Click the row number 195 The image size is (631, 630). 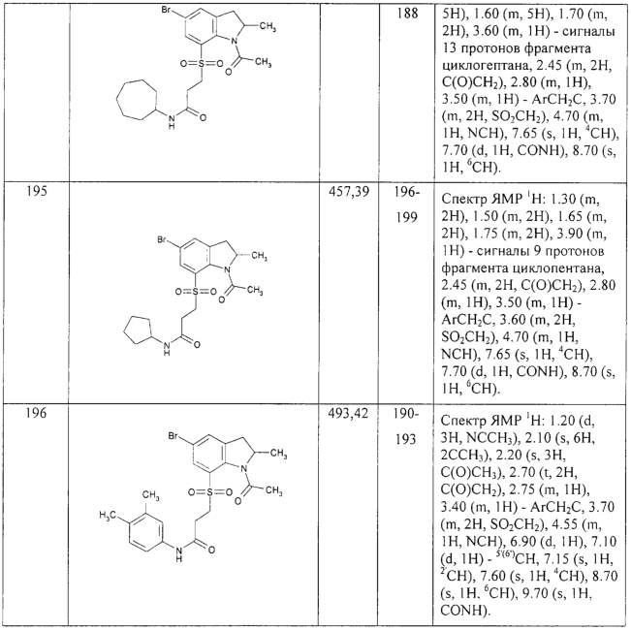[x=37, y=191]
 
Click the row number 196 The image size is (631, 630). [x=37, y=413]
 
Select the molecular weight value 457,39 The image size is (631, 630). [x=349, y=192]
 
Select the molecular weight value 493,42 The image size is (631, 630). [x=348, y=413]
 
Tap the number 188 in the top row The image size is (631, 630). [x=407, y=14]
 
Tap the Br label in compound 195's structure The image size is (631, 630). [x=162, y=239]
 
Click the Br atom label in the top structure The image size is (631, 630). [x=166, y=10]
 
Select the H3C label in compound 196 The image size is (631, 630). [x=107, y=515]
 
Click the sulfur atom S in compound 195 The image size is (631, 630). [x=196, y=291]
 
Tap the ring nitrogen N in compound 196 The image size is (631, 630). [x=242, y=469]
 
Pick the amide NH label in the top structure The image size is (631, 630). [x=172, y=121]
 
